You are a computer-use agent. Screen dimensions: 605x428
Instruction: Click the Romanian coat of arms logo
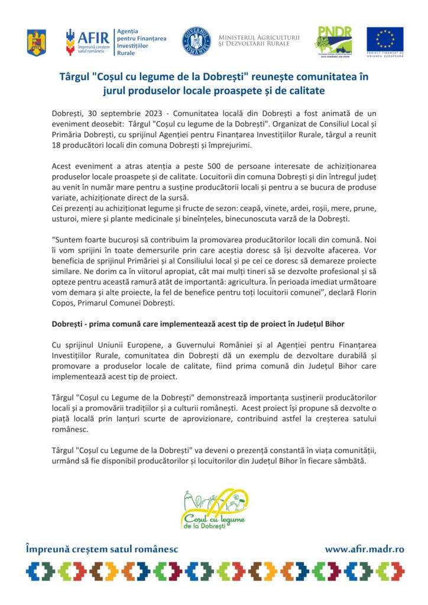point(36,43)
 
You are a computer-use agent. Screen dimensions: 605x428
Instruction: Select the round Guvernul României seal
point(196,41)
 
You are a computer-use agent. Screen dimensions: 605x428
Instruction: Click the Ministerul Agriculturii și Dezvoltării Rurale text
point(258,40)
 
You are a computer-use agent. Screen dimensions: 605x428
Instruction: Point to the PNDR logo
point(335,41)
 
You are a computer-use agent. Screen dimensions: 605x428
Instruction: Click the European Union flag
point(385,40)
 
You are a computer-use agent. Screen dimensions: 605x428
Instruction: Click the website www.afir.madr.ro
point(364,549)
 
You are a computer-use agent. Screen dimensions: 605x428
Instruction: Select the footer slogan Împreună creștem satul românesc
point(102,549)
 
